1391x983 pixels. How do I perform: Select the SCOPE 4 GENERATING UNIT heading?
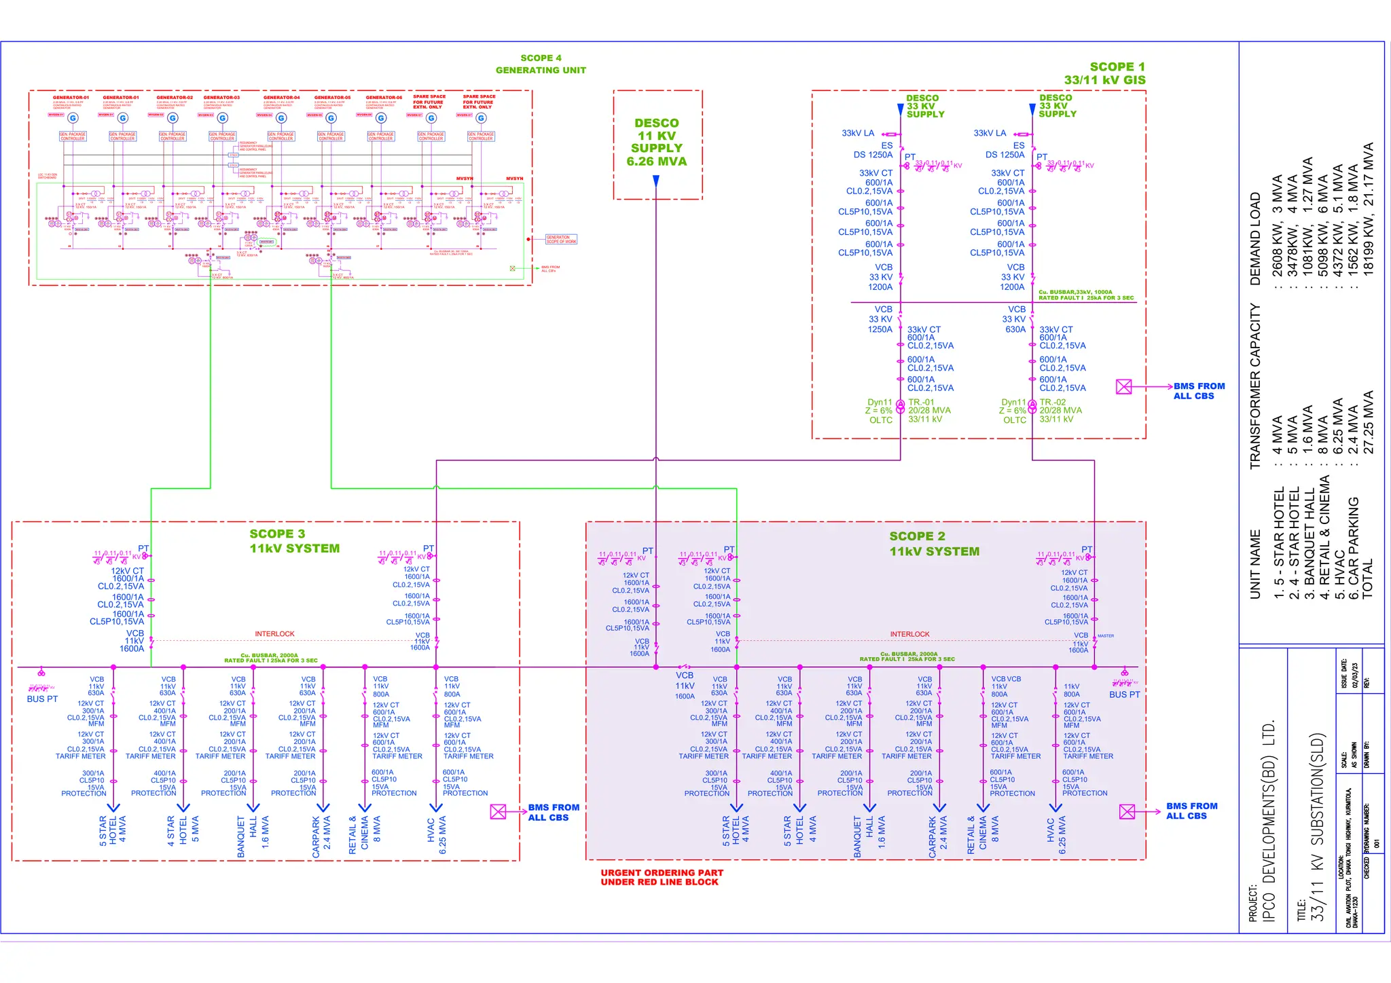pyautogui.click(x=541, y=64)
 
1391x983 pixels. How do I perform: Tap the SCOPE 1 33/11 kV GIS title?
pyautogui.click(x=1105, y=73)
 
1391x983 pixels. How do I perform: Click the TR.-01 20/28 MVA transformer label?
pyautogui.click(x=929, y=411)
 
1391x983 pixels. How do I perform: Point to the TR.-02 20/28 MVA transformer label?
pyautogui.click(x=1060, y=411)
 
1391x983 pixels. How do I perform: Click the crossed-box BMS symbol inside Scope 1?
pyautogui.click(x=1124, y=387)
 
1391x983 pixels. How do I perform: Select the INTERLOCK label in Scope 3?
pyautogui.click(x=274, y=634)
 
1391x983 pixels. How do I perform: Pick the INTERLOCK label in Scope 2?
pyautogui.click(x=909, y=634)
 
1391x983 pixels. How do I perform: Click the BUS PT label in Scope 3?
pyautogui.click(x=42, y=699)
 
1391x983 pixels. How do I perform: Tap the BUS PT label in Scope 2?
pyautogui.click(x=1124, y=694)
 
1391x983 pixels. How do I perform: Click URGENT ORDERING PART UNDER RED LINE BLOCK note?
pyautogui.click(x=662, y=877)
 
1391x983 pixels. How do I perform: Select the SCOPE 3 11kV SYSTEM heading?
pyautogui.click(x=293, y=541)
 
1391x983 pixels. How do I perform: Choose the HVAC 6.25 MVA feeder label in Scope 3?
pyautogui.click(x=437, y=835)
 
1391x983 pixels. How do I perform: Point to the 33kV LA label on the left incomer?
pyautogui.click(x=858, y=133)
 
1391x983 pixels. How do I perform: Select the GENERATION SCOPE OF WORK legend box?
pyautogui.click(x=561, y=239)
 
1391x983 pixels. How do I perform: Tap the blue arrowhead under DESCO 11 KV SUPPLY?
pyautogui.click(x=656, y=181)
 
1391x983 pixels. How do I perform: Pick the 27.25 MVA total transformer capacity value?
pyautogui.click(x=1368, y=422)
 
